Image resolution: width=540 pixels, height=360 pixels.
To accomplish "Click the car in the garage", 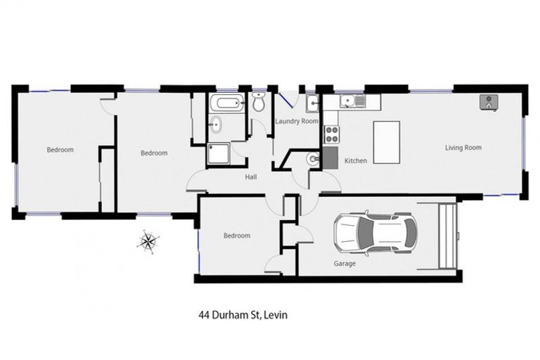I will [x=375, y=233].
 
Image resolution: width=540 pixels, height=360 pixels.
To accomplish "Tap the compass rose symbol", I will [x=148, y=241].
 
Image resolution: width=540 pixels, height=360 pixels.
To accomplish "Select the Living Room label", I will [x=463, y=148].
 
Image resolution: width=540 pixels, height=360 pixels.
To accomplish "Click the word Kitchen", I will [x=356, y=161].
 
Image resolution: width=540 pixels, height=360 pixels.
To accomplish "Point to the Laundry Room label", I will [x=296, y=122].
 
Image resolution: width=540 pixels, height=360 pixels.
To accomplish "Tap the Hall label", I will [x=250, y=177].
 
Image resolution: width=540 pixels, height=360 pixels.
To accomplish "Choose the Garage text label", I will [x=345, y=264].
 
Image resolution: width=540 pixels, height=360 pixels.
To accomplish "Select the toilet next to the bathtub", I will [x=258, y=104].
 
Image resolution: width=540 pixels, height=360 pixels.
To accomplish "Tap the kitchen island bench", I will [x=386, y=142].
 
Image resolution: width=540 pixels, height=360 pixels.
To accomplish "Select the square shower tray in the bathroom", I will [x=219, y=153].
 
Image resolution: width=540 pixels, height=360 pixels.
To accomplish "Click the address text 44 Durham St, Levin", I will [x=243, y=315].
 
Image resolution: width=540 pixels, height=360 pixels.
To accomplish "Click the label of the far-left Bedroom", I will [x=60, y=150].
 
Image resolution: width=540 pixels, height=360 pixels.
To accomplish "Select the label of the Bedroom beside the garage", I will [x=237, y=236].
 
